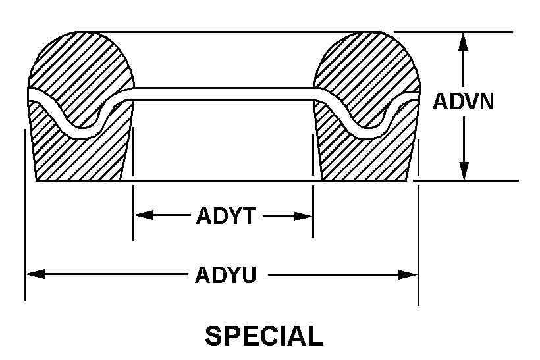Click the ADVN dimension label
point(463,102)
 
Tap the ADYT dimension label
point(225,216)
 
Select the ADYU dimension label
point(225,274)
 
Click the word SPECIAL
point(264,336)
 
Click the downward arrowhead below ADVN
point(464,170)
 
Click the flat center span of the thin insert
point(224,93)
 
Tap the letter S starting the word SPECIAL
point(213,336)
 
